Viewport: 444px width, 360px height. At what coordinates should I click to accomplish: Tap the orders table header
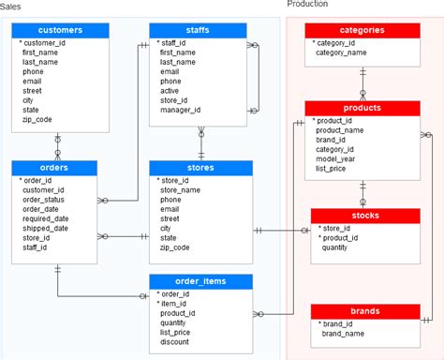54,168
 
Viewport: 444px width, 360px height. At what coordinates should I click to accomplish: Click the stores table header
200,168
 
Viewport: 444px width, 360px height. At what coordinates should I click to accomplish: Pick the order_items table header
200,281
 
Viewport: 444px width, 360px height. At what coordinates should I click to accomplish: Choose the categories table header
362,30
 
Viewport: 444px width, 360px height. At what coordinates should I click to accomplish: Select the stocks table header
362,215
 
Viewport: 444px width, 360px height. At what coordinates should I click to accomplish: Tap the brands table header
362,309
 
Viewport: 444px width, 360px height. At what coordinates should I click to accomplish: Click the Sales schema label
13,5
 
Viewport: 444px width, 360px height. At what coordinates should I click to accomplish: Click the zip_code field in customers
37,120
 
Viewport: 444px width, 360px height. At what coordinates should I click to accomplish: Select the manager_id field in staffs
180,110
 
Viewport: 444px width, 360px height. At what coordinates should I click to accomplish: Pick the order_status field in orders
44,200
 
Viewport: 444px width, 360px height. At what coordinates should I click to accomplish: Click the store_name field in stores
181,189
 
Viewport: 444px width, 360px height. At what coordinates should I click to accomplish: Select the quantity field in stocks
335,247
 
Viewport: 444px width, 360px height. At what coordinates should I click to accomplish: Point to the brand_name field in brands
344,333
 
